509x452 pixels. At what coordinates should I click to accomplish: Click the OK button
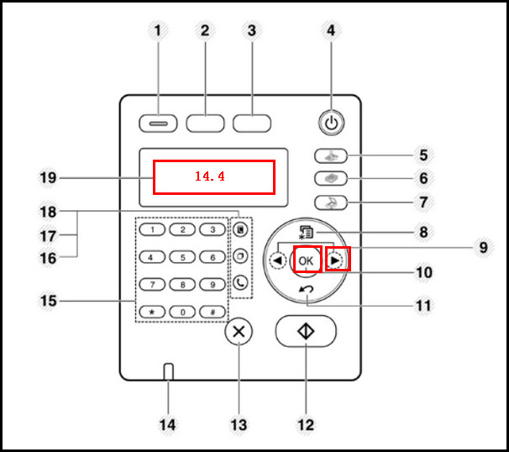click(x=306, y=260)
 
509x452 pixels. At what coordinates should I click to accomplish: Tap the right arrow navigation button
click(x=335, y=260)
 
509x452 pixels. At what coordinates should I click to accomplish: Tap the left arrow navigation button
click(x=278, y=260)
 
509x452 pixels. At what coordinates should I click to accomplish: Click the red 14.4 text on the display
click(x=210, y=176)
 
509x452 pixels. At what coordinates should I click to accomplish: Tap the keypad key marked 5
click(x=182, y=257)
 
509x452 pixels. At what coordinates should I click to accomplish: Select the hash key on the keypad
click(x=213, y=312)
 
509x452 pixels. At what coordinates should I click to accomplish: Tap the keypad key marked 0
click(x=182, y=312)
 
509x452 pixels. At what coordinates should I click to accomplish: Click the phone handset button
click(x=240, y=283)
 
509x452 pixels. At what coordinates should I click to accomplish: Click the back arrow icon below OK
click(x=306, y=289)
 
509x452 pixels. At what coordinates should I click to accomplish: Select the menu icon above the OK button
click(x=306, y=232)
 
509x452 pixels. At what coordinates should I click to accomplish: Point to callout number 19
click(x=48, y=178)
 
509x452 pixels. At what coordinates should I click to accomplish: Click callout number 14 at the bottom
click(x=167, y=425)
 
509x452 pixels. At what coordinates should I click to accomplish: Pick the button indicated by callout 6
click(x=331, y=178)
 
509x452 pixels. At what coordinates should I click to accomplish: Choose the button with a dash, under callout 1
click(x=158, y=124)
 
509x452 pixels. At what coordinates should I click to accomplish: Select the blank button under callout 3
click(x=252, y=124)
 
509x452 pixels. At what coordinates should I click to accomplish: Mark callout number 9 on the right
click(x=483, y=248)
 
